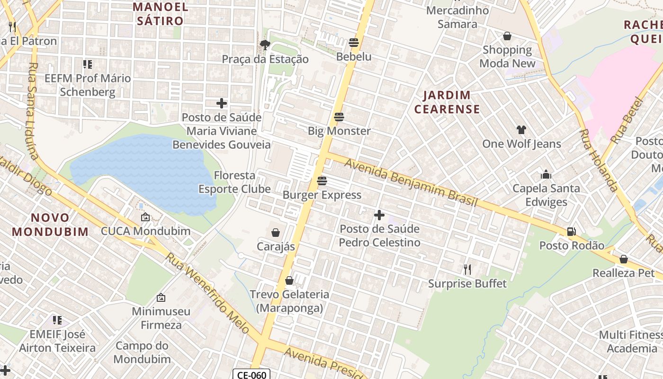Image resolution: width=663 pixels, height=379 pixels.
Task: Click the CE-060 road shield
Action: (251, 375)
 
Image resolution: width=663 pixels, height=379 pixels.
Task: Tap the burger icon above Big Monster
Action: (339, 117)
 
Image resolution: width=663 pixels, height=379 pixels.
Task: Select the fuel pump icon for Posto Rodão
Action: (572, 232)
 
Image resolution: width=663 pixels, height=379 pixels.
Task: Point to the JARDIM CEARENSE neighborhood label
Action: (447, 102)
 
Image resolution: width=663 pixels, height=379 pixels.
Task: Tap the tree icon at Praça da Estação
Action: (265, 45)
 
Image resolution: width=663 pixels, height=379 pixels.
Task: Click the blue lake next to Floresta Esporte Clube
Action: (142, 171)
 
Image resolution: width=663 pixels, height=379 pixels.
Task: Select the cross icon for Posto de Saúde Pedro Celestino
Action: (379, 215)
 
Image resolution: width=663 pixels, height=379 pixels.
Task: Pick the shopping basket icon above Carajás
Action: (276, 233)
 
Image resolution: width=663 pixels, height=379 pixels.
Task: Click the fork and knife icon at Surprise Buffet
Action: (467, 270)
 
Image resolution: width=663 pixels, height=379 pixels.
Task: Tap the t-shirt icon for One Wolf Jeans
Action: (521, 130)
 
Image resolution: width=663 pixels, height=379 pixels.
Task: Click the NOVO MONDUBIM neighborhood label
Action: (50, 225)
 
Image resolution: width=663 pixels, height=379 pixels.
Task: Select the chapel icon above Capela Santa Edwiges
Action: (546, 174)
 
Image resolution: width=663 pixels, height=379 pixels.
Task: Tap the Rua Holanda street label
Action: (599, 160)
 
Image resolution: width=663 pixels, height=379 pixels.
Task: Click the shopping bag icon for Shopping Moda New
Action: (507, 36)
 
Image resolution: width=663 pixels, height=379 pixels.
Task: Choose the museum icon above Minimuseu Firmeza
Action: (161, 298)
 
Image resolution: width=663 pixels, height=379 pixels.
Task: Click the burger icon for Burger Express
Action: (322, 180)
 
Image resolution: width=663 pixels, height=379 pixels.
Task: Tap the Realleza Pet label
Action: (623, 273)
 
